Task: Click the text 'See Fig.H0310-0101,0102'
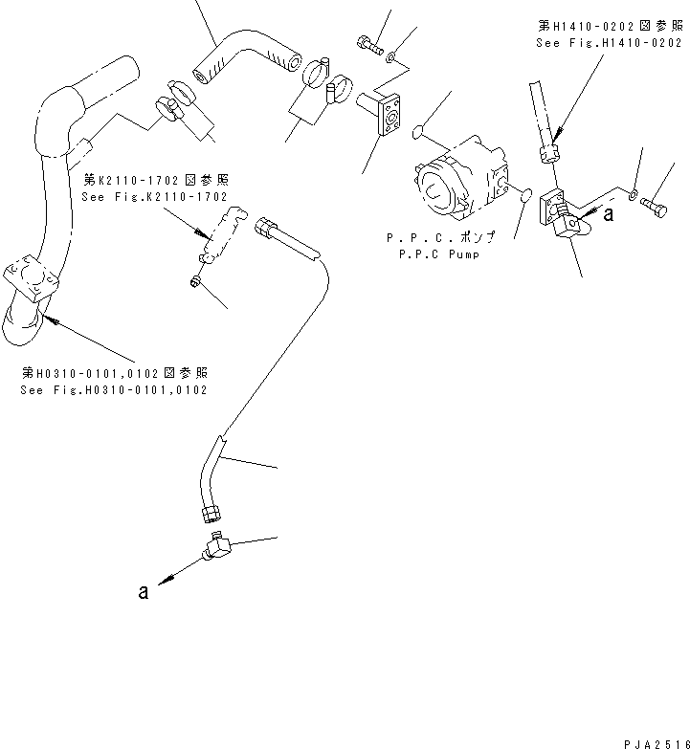click(114, 390)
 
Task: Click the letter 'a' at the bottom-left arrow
click(143, 592)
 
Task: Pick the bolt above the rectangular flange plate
click(368, 43)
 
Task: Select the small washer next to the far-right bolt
click(634, 195)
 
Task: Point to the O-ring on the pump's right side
click(523, 196)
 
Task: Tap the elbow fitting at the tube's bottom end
click(217, 548)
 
